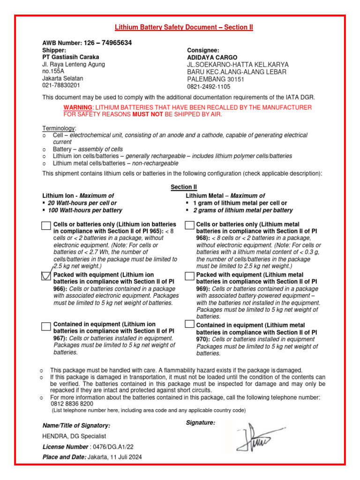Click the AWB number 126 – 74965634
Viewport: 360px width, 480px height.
[x=107, y=43]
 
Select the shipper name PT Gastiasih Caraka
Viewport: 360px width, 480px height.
[x=71, y=57]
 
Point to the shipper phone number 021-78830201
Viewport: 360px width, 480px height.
[x=61, y=85]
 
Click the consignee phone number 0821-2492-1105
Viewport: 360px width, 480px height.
[x=209, y=87]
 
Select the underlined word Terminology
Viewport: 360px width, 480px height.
[x=59, y=128]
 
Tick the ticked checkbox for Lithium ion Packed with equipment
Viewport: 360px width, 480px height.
[x=46, y=276]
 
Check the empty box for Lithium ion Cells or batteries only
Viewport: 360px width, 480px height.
[x=46, y=226]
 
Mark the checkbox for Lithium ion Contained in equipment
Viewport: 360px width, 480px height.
[x=46, y=326]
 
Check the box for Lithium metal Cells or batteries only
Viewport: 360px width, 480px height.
[x=189, y=226]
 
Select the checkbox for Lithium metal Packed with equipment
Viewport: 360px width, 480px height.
[x=189, y=276]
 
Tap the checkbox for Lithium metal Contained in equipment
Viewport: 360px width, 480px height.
[x=189, y=324]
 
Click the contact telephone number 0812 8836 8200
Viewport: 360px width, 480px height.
[x=72, y=404]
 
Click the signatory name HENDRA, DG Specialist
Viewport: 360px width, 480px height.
[x=74, y=436]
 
